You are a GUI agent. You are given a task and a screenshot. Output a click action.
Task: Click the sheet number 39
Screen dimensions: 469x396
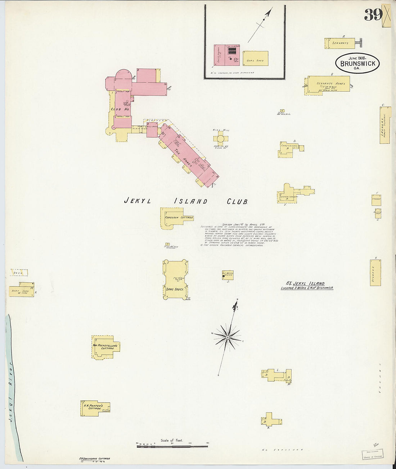(373, 14)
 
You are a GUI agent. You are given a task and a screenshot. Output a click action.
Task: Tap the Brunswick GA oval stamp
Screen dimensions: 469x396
(357, 63)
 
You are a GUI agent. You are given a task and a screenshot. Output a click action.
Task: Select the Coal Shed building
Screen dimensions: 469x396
(255, 59)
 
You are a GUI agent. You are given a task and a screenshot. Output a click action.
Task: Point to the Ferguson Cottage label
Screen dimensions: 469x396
(179, 218)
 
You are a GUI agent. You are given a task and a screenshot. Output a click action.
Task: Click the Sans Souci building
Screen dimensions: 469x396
(175, 279)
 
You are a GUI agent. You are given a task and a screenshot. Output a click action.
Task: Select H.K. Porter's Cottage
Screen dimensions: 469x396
(93, 408)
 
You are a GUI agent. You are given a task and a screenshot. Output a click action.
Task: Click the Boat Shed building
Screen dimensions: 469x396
(21, 291)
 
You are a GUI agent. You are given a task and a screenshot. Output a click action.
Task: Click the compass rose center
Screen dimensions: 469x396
(228, 337)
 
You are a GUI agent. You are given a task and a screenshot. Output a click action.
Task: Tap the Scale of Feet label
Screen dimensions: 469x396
(172, 440)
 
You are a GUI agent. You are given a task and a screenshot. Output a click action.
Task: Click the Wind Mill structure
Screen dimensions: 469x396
(220, 138)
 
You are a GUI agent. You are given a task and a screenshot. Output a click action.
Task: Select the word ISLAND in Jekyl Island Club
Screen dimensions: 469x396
(190, 201)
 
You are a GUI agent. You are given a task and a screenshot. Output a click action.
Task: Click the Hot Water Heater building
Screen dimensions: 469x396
(228, 275)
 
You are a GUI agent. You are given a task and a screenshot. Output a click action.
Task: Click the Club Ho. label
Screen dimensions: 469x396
(120, 109)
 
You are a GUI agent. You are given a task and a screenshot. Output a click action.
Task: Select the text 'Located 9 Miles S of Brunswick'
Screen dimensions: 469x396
(307, 288)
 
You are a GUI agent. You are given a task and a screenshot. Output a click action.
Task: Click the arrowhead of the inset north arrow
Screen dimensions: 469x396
(268, 13)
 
